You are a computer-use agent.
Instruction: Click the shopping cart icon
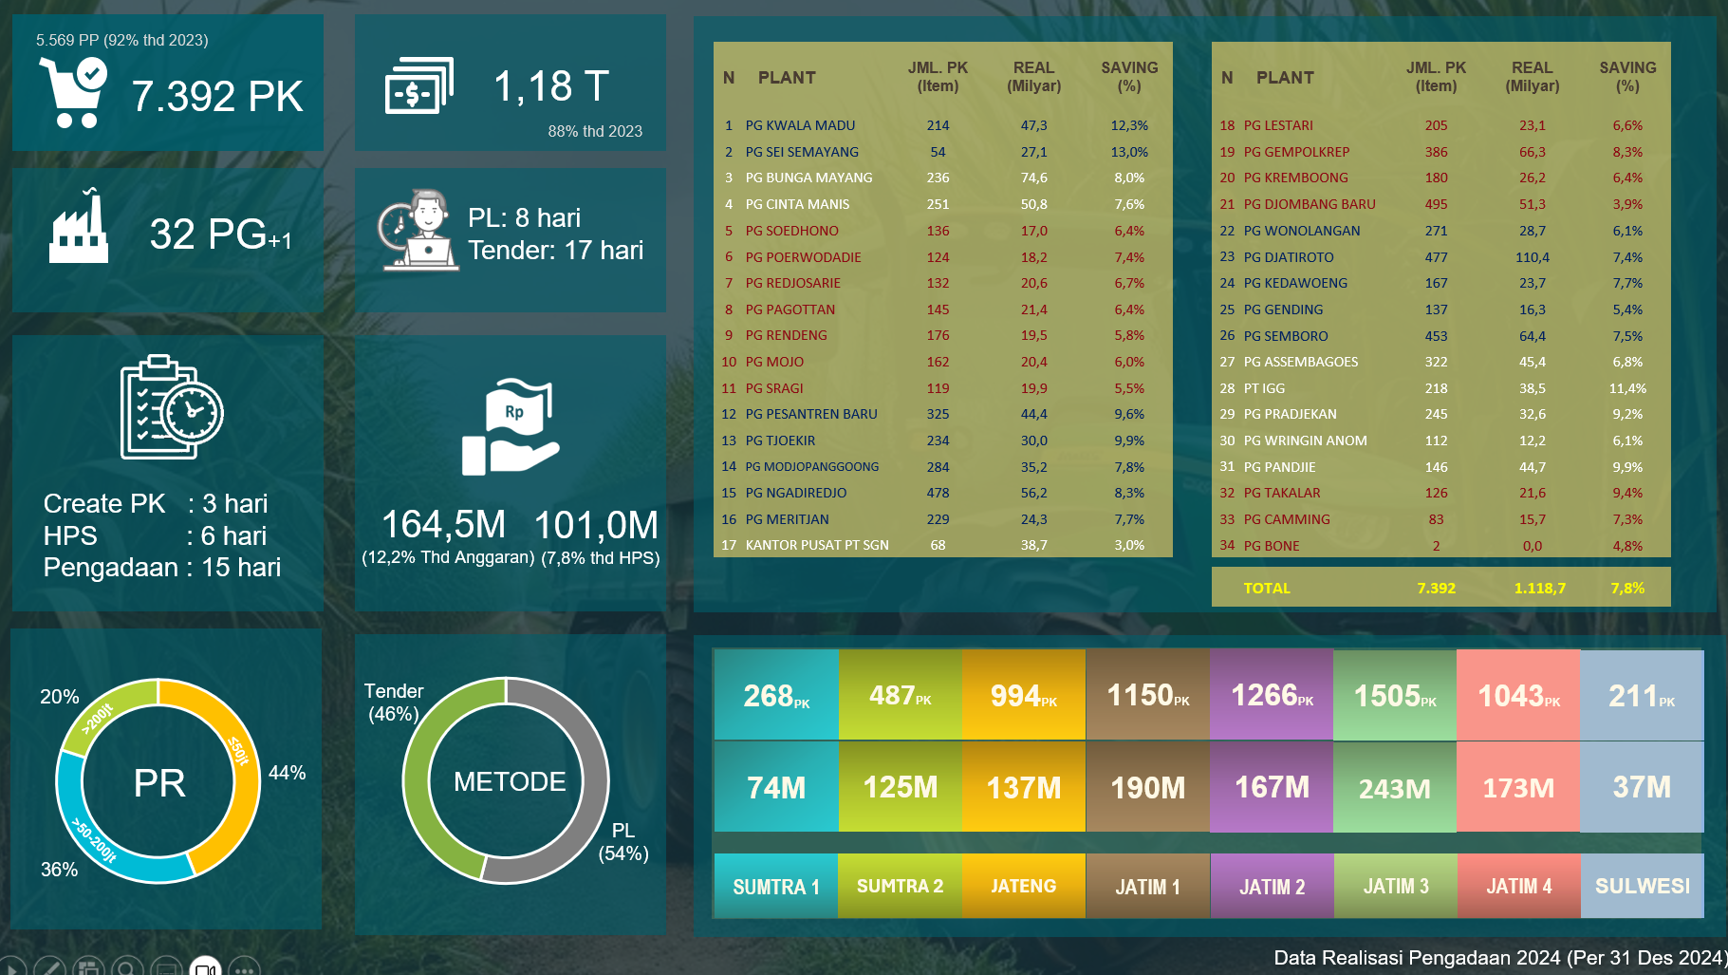pos(72,92)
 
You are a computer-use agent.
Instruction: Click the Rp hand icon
pos(511,427)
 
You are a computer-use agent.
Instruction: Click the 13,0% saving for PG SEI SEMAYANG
pos(1128,152)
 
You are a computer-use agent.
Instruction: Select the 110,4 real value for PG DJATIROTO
pos(1532,257)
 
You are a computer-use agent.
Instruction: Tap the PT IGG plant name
pos(1264,388)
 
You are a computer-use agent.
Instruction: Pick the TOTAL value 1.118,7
pos(1539,589)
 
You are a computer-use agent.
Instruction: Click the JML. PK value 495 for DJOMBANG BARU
pos(1436,204)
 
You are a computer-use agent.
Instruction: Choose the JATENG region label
pos(1023,886)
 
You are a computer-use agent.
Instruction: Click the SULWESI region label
pos(1642,886)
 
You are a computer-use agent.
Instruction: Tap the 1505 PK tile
pos(1394,696)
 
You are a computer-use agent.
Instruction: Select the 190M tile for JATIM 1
pos(1147,788)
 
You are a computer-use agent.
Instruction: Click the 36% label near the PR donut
pos(59,870)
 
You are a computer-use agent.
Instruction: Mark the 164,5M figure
pos(443,525)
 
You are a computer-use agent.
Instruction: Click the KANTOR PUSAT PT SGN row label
pos(817,545)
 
